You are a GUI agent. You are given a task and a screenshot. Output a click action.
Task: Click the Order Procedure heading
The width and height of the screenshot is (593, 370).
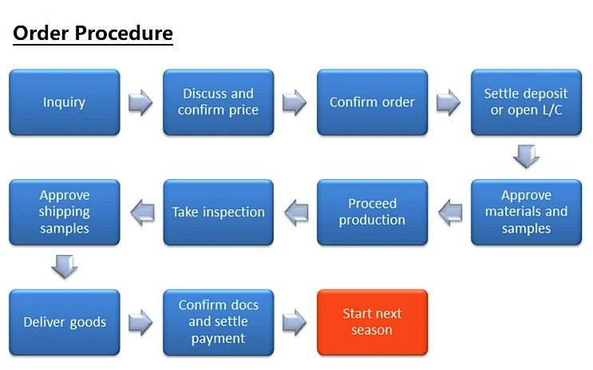coord(93,34)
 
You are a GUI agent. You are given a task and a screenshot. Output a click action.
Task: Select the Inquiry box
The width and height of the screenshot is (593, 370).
coord(64,102)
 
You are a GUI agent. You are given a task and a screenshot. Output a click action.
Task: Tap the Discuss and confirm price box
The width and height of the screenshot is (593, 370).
coord(218,102)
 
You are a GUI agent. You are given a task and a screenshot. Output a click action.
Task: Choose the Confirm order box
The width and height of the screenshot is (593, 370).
coord(372,102)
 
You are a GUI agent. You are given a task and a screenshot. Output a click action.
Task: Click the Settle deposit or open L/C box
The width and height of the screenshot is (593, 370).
coord(526,102)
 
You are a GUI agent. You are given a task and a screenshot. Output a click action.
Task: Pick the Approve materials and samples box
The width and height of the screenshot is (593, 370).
coord(526,212)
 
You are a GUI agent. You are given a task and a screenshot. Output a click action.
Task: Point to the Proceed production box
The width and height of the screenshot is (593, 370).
coord(372,212)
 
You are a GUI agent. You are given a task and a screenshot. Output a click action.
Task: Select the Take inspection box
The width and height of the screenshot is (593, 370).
coord(218,212)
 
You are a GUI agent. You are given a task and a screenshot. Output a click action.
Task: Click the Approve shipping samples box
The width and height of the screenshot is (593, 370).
coord(64,212)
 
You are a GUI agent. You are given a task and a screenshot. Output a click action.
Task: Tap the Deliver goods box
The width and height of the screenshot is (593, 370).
coord(64,322)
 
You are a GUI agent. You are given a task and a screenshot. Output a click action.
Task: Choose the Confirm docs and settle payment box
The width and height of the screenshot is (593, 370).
coord(218,322)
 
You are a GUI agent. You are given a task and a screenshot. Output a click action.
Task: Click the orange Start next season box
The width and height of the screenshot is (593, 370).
coord(372,322)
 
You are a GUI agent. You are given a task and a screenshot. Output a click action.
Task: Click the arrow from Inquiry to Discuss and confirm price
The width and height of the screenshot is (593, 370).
coord(140,102)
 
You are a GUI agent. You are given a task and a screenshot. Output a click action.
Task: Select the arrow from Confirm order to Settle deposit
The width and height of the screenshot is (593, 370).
coord(449,102)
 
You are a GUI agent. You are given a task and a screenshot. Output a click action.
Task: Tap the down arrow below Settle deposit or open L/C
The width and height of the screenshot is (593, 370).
coord(526,156)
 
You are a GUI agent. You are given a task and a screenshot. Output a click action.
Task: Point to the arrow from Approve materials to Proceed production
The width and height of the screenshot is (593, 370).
coord(449,212)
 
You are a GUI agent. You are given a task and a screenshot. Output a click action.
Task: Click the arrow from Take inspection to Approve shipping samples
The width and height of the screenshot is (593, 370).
coord(141,212)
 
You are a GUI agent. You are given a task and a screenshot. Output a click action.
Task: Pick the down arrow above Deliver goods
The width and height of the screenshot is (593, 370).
coord(64,266)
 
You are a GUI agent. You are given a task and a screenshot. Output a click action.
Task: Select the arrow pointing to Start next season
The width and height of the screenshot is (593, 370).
coord(295,322)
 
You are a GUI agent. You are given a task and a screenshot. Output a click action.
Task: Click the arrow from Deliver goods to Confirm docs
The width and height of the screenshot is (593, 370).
coord(140,322)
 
